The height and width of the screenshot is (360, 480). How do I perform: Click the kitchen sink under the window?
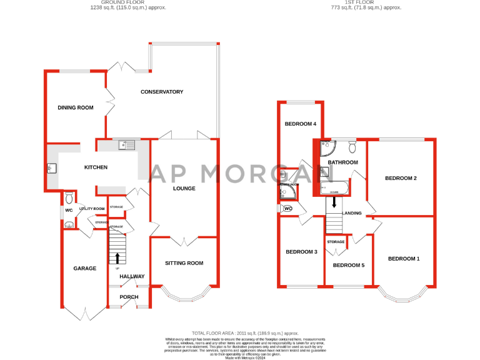pyautogui.click(x=128, y=146)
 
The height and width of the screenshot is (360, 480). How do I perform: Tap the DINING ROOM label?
pyautogui.click(x=76, y=107)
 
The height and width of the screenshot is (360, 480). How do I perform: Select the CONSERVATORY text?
pyautogui.click(x=162, y=92)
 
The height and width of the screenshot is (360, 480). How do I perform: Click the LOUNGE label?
pyautogui.click(x=184, y=188)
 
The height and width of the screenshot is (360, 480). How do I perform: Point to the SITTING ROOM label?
pyautogui.click(x=184, y=263)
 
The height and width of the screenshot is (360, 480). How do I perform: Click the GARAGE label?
pyautogui.click(x=84, y=268)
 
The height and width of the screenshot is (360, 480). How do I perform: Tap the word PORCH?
pyautogui.click(x=129, y=297)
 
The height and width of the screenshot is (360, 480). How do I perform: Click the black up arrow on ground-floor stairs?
pyautogui.click(x=118, y=257)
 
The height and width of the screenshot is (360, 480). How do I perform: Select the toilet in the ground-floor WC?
pyautogui.click(x=69, y=198)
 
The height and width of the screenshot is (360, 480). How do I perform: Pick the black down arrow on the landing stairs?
pyautogui.click(x=334, y=202)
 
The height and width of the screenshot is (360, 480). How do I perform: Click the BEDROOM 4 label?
pyautogui.click(x=301, y=124)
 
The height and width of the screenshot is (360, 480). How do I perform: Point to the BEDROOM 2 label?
pyautogui.click(x=401, y=178)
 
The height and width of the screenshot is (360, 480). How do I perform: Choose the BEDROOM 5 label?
pyautogui.click(x=348, y=265)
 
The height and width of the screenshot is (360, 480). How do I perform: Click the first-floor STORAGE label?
pyautogui.click(x=336, y=241)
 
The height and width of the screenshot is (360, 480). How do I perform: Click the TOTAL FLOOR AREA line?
pyautogui.click(x=245, y=334)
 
